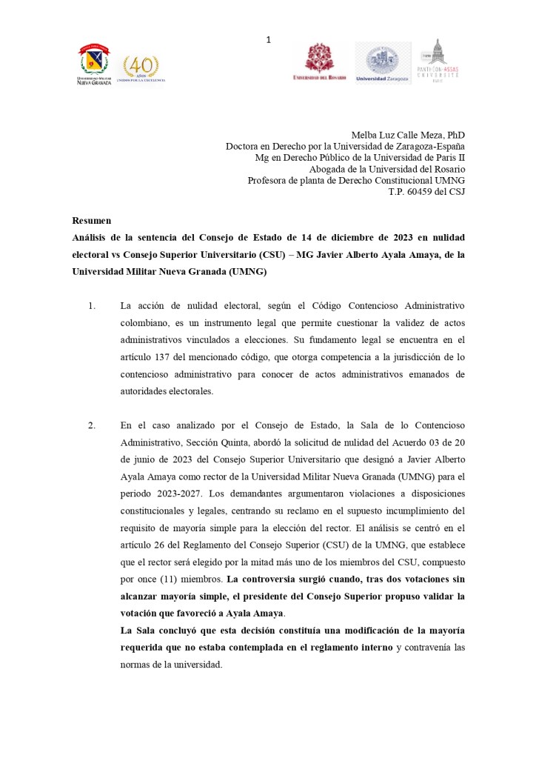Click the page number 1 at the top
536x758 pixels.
coord(269,39)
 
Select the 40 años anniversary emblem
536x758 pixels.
coord(141,67)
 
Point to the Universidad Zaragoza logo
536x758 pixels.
coord(382,62)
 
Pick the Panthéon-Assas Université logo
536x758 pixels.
coord(439,61)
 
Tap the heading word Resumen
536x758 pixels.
coord(91,221)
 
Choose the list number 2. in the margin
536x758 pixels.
coord(92,425)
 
